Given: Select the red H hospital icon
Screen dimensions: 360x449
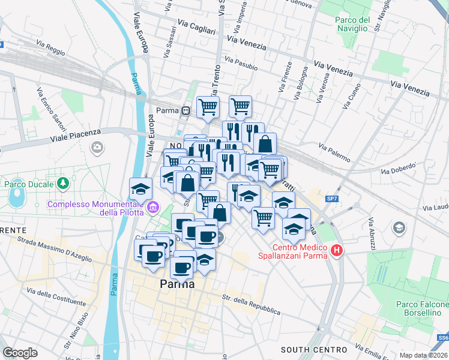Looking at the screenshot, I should [337, 251].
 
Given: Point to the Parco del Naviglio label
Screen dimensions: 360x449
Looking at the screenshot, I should [351, 23].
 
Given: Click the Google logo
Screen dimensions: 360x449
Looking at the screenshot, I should [20, 352].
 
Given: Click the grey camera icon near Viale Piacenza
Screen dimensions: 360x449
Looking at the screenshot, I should [97, 147].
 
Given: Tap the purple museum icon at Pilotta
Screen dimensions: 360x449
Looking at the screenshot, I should [153, 208].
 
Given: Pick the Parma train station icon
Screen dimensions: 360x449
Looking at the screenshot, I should [186, 110].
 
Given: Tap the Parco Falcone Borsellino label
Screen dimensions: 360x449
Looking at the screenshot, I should [421, 308].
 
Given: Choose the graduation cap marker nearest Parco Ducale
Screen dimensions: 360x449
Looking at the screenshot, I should [140, 189].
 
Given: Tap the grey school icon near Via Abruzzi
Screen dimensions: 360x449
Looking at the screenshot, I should [398, 228].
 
